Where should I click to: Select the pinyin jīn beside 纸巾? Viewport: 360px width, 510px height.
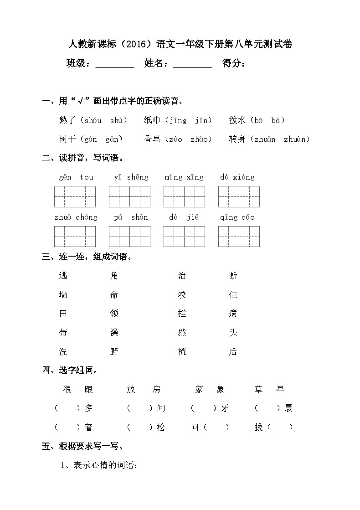pos(203,121)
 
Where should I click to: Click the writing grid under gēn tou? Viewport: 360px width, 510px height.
pos(75,196)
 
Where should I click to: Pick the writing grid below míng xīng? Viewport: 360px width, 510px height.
pos(184,196)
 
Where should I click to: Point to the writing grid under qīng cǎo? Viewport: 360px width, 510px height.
pos(239,236)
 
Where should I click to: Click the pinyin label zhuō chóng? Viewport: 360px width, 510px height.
pos(76,217)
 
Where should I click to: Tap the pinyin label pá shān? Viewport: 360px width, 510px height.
pos(131,217)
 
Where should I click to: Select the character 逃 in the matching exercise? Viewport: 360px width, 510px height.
pos(63,275)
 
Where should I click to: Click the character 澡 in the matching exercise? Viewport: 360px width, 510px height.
pos(114,332)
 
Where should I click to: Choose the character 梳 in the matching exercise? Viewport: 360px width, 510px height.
pos(182,351)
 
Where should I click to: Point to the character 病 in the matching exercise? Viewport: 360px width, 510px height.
pos(233,314)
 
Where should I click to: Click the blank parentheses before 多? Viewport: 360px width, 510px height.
pos(67,408)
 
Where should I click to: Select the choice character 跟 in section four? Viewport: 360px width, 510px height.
pos(88,389)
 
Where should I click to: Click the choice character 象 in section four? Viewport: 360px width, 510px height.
pos(221,389)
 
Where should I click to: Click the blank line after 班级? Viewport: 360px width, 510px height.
pos(115,64)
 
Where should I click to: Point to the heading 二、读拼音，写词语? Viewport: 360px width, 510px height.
pos(82,158)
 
